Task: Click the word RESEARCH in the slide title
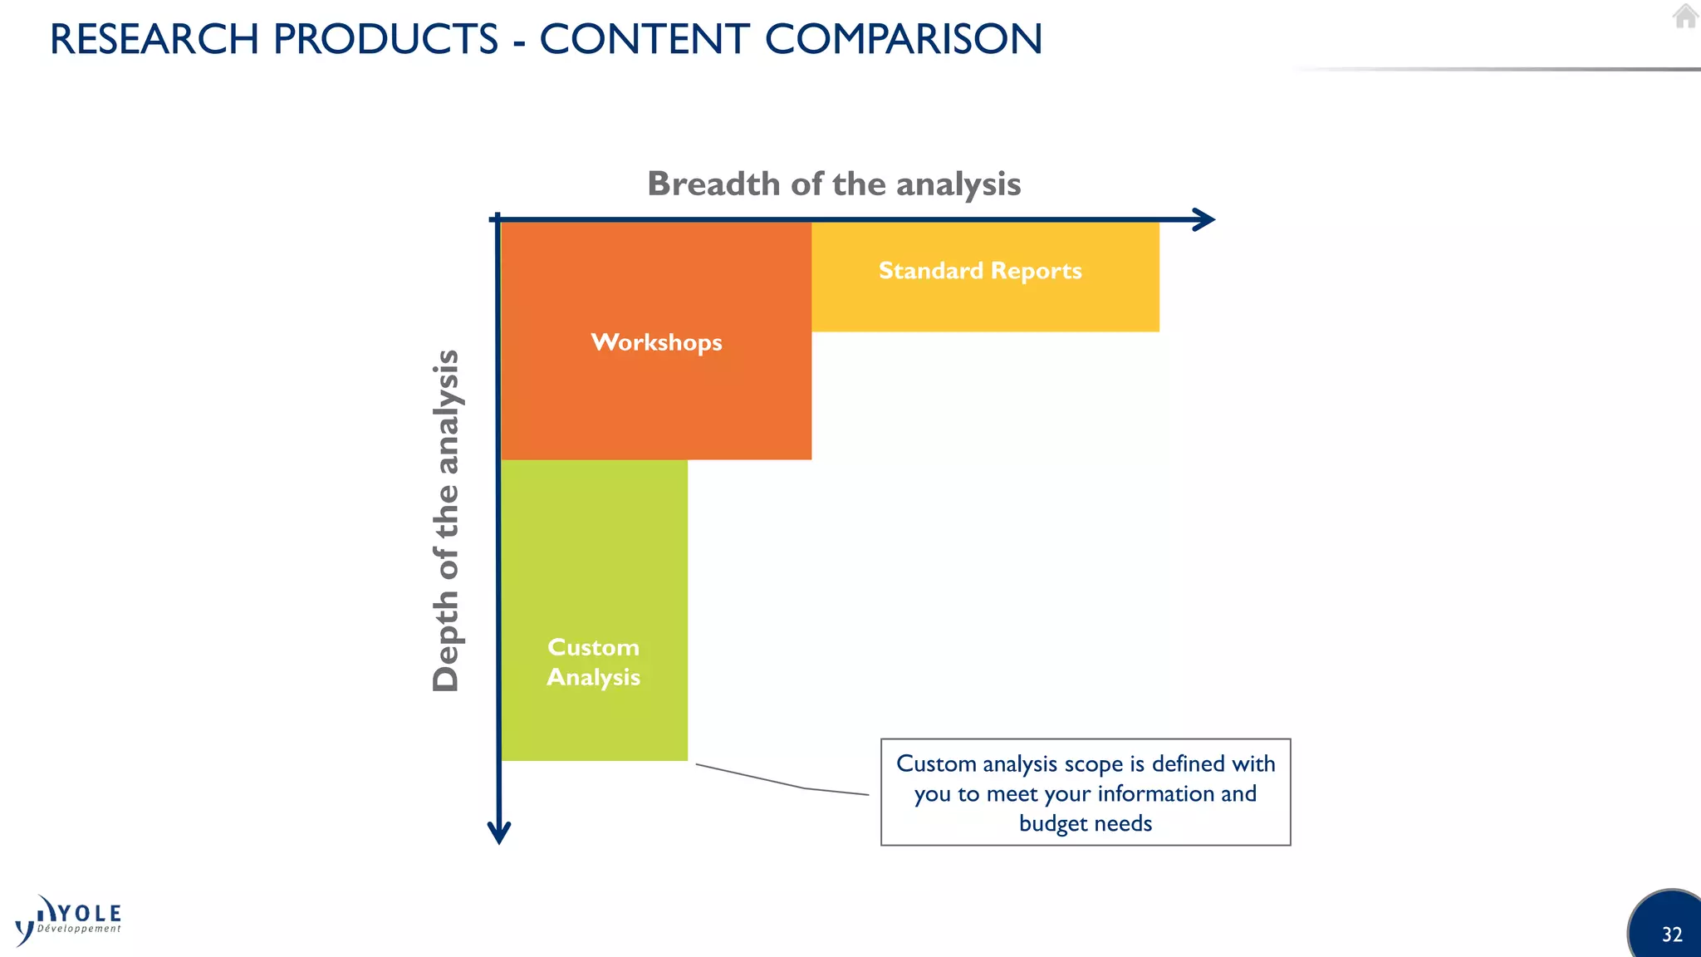[x=154, y=39]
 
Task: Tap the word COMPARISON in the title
[x=903, y=39]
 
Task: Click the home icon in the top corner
[x=1685, y=16]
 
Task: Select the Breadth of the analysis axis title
[x=834, y=184]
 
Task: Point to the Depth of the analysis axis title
[x=446, y=520]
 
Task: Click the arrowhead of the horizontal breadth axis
[x=1204, y=220]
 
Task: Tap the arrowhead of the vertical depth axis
[x=499, y=832]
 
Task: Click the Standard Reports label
[x=980, y=271]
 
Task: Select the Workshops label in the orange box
[x=656, y=342]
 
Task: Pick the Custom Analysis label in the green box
[x=593, y=662]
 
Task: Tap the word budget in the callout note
[x=1047, y=823]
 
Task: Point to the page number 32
[x=1671, y=935]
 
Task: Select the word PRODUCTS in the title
[x=385, y=39]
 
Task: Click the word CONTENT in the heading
[x=645, y=39]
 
